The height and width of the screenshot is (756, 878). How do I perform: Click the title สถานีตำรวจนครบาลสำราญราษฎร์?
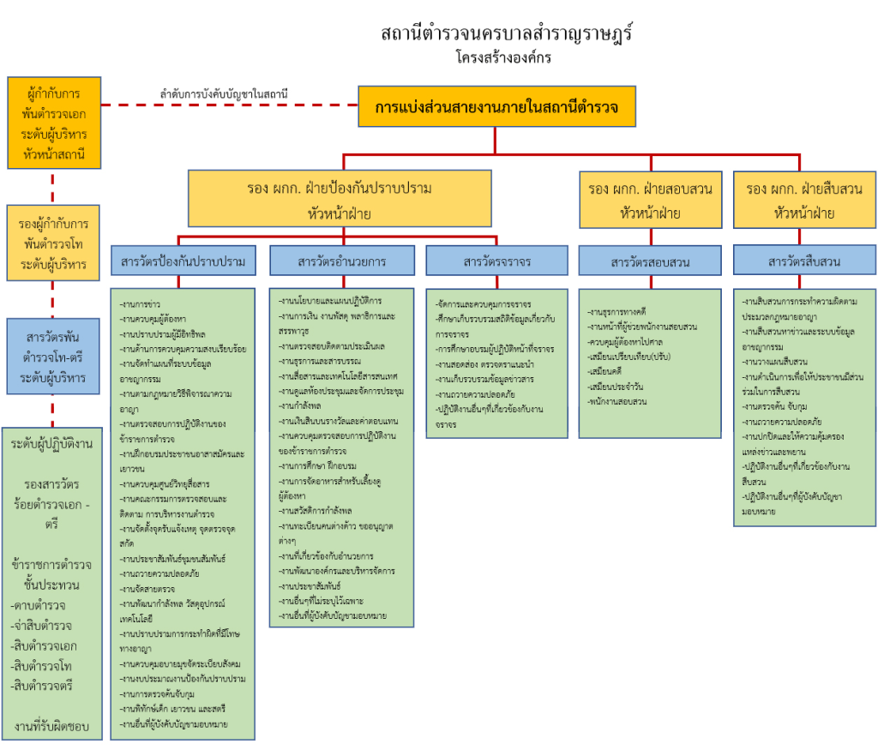(x=509, y=34)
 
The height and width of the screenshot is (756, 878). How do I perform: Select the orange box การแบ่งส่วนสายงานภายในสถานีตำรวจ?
(x=496, y=106)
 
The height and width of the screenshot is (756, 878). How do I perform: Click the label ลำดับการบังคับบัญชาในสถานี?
(x=224, y=93)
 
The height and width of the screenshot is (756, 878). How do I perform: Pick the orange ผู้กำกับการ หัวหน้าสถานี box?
(x=53, y=123)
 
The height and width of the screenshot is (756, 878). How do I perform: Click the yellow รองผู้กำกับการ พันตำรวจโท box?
(x=53, y=243)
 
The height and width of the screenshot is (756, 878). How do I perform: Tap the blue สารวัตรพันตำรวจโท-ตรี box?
(x=53, y=356)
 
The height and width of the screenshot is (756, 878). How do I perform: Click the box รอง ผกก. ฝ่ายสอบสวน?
(x=651, y=201)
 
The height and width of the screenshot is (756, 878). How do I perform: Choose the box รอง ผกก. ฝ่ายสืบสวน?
(x=804, y=201)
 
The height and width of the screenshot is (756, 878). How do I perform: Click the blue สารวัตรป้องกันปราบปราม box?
(x=183, y=261)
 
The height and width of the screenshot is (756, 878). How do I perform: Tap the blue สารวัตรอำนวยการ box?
(x=342, y=261)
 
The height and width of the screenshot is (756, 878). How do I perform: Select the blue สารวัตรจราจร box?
(x=496, y=261)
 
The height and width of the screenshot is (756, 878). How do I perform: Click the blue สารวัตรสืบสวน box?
(x=804, y=261)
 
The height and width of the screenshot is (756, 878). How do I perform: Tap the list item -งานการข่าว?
(x=141, y=303)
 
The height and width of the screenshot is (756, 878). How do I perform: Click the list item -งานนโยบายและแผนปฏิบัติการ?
(x=330, y=301)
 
